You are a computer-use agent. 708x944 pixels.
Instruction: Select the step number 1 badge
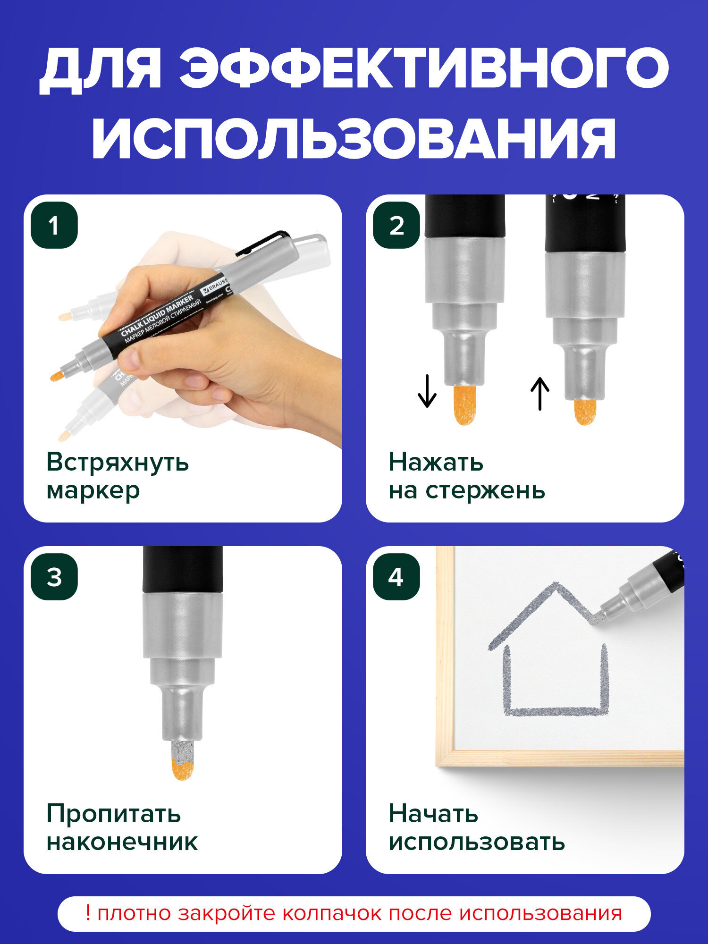click(54, 225)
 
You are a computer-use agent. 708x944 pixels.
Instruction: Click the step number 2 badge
click(396, 225)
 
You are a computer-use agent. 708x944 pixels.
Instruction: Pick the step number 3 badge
click(54, 577)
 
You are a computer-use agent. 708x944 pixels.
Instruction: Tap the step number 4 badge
click(396, 577)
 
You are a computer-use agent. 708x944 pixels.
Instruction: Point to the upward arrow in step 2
click(540, 394)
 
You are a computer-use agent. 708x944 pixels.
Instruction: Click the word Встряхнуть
click(118, 462)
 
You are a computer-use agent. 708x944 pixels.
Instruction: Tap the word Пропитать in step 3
click(114, 814)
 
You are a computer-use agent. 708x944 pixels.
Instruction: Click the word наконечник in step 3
click(122, 842)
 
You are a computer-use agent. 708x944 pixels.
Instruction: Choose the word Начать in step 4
click(433, 814)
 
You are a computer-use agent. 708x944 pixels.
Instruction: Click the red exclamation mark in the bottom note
click(88, 913)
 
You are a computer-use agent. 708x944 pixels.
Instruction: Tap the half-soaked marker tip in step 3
click(182, 759)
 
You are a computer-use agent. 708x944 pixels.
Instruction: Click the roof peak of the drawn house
click(556, 585)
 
